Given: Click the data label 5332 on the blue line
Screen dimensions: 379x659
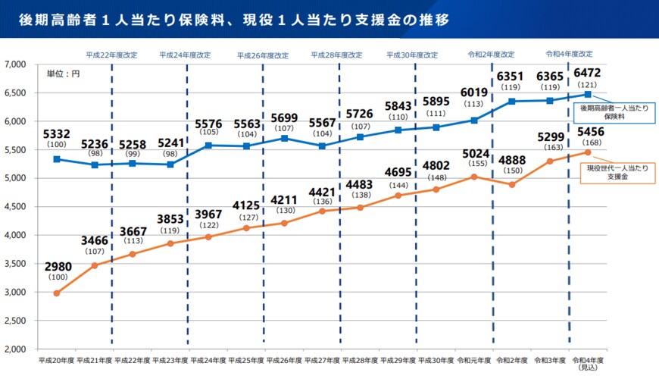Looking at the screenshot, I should pyautogui.click(x=57, y=134).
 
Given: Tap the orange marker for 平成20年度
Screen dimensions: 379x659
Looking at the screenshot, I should pyautogui.click(x=57, y=293).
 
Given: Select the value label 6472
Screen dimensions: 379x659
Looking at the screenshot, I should pyautogui.click(x=588, y=73).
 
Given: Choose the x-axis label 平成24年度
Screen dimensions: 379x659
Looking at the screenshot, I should pyautogui.click(x=208, y=361).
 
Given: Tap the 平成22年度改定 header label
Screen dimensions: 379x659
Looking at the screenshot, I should pyautogui.click(x=111, y=55).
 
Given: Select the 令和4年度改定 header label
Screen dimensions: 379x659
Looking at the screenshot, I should pyautogui.click(x=569, y=54).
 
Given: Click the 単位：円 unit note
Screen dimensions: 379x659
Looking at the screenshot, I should pyautogui.click(x=63, y=74).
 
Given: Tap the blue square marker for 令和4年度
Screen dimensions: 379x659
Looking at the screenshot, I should pyautogui.click(x=588, y=95).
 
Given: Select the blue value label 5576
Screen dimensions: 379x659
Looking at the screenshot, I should pyautogui.click(x=208, y=123).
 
